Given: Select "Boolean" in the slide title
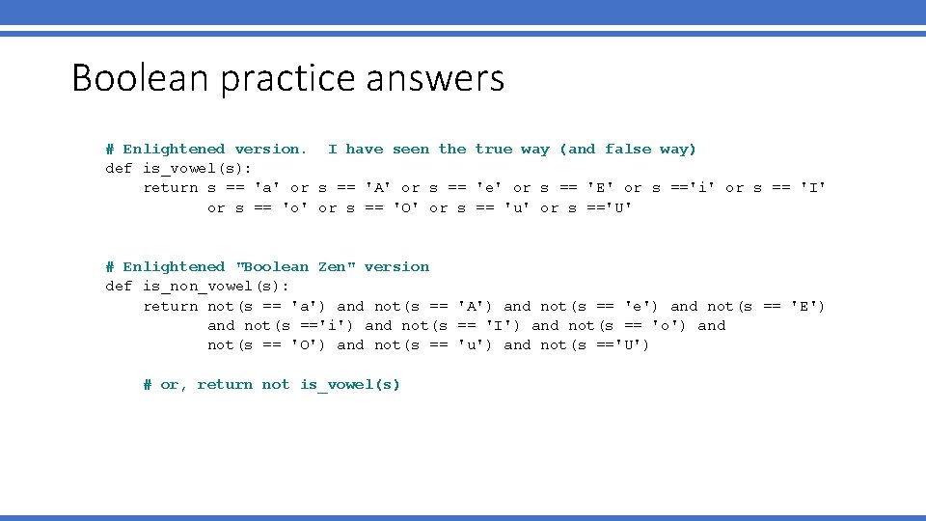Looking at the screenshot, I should coord(141,78).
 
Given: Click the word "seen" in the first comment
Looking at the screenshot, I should coord(411,149).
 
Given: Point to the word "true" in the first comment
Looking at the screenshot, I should coord(494,149).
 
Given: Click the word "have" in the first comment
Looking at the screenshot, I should coord(365,149).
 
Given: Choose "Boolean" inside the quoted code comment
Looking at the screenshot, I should coord(273,266).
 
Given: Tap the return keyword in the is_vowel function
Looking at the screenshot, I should coord(170,188).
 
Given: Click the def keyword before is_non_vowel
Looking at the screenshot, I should coord(119,286).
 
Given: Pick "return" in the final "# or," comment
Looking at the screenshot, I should coord(225,384).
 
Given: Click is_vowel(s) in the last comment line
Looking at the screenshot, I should coord(350,384).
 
